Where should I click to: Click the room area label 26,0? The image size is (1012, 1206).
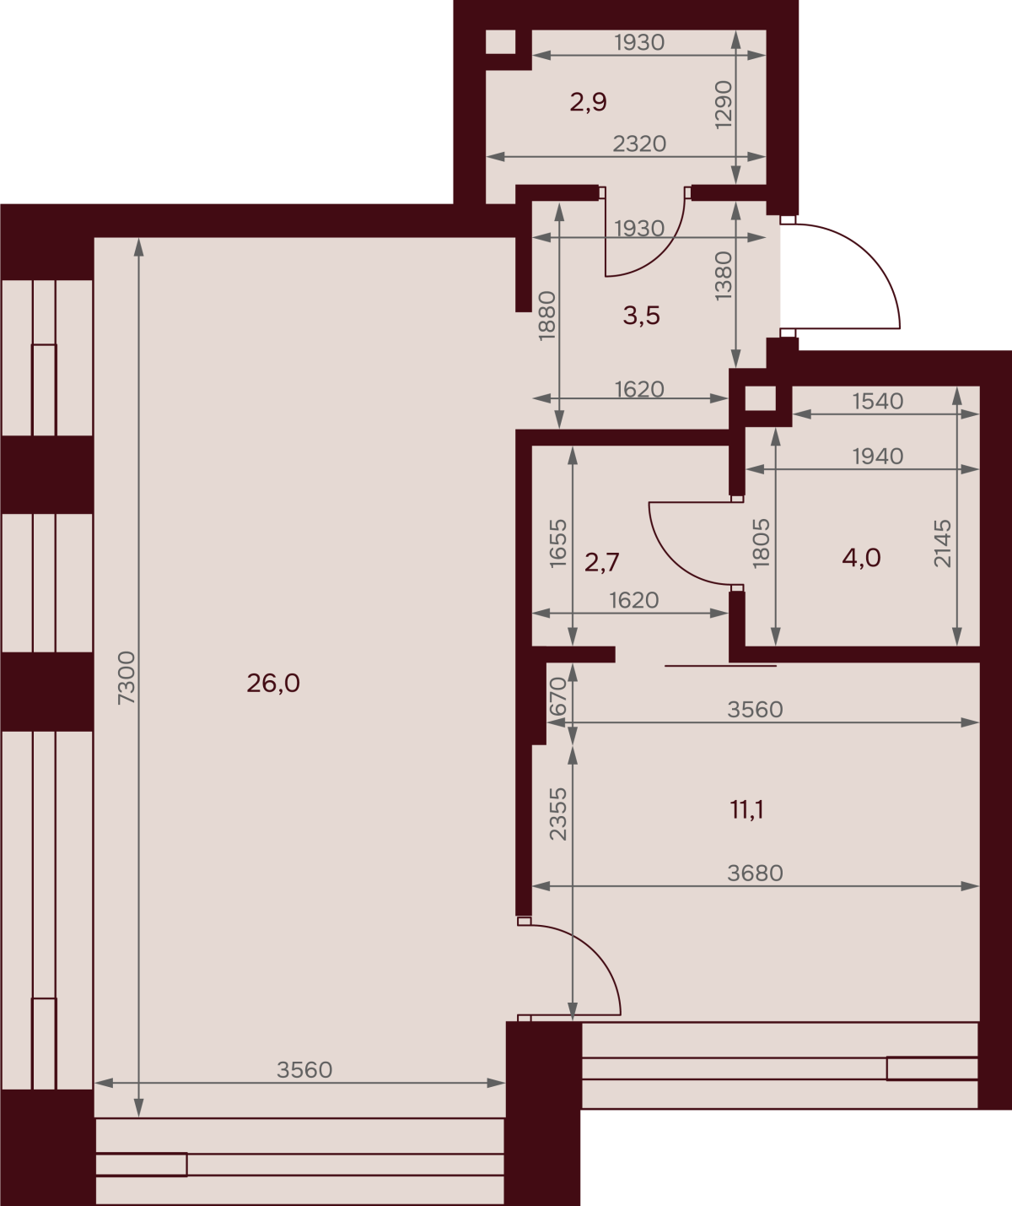[273, 684]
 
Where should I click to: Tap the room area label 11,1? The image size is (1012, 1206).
[747, 810]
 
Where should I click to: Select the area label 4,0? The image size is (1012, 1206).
[861, 558]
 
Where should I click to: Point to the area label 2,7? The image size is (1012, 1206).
[602, 562]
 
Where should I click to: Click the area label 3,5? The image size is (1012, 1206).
[642, 316]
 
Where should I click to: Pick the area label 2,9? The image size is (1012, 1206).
[589, 102]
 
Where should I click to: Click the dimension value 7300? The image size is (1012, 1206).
[126, 678]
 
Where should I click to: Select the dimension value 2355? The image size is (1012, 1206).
[558, 814]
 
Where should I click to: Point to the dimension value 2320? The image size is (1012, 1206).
[639, 143]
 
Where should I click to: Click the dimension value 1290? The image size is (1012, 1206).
[724, 105]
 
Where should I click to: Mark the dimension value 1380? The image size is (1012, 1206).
[724, 276]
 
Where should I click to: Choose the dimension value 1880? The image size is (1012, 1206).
[546, 316]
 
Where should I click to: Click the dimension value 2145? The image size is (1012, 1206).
[943, 543]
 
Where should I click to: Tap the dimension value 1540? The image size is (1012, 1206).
[878, 402]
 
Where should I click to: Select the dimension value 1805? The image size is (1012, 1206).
[762, 544]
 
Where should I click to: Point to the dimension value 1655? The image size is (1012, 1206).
[558, 544]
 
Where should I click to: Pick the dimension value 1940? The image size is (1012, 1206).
[878, 457]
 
